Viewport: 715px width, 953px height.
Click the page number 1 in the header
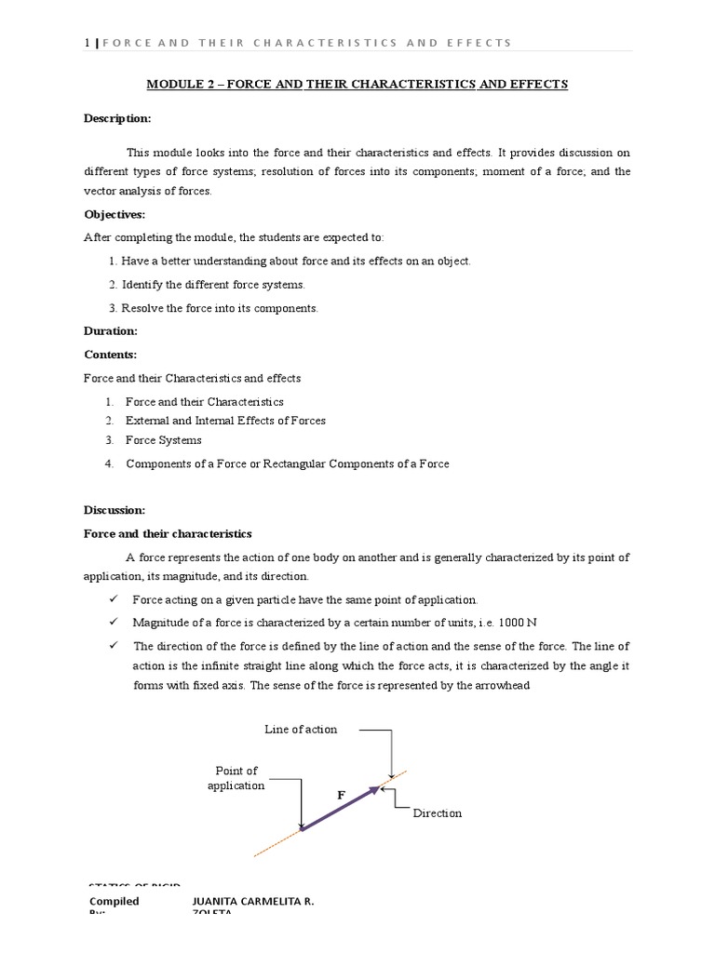[x=87, y=43]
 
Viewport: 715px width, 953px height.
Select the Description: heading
[x=117, y=119]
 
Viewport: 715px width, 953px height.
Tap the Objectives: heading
[x=115, y=214]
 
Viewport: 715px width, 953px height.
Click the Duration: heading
[x=111, y=330]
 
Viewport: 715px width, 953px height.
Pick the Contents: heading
[x=111, y=355]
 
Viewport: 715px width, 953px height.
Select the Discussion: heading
[x=115, y=510]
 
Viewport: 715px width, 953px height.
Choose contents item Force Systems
[x=163, y=440]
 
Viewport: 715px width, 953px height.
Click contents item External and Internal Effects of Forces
[x=225, y=421]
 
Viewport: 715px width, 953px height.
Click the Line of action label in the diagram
[x=301, y=730]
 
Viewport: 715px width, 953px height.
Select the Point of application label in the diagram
[x=236, y=778]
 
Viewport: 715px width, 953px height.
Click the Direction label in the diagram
[x=438, y=813]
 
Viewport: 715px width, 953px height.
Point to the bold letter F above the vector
[x=341, y=795]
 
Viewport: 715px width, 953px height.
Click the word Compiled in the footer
[x=115, y=901]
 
